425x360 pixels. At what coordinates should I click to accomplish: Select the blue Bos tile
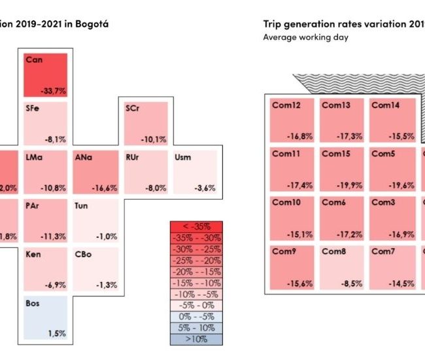(46, 317)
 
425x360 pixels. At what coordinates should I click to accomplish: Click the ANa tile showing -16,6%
(95, 172)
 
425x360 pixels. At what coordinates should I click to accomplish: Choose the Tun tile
(95, 221)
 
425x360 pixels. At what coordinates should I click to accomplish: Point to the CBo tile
(95, 269)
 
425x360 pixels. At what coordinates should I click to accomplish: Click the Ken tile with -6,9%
(46, 269)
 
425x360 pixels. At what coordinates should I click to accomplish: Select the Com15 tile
(341, 170)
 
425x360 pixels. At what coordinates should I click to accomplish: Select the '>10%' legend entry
(196, 339)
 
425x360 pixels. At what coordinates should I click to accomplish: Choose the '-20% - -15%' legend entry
(196, 272)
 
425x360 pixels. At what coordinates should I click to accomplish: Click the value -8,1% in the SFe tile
(54, 139)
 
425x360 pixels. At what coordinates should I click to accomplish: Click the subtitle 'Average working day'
(305, 37)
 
